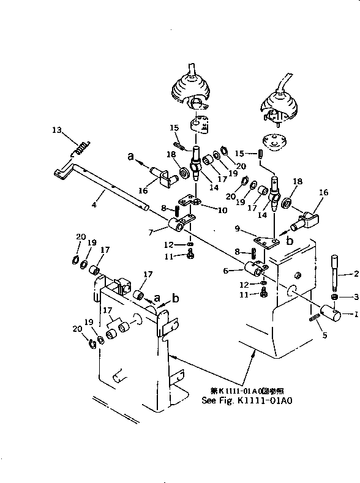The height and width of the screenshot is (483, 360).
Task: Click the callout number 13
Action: coord(56,130)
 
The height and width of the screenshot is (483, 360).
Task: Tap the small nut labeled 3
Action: coord(336,297)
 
